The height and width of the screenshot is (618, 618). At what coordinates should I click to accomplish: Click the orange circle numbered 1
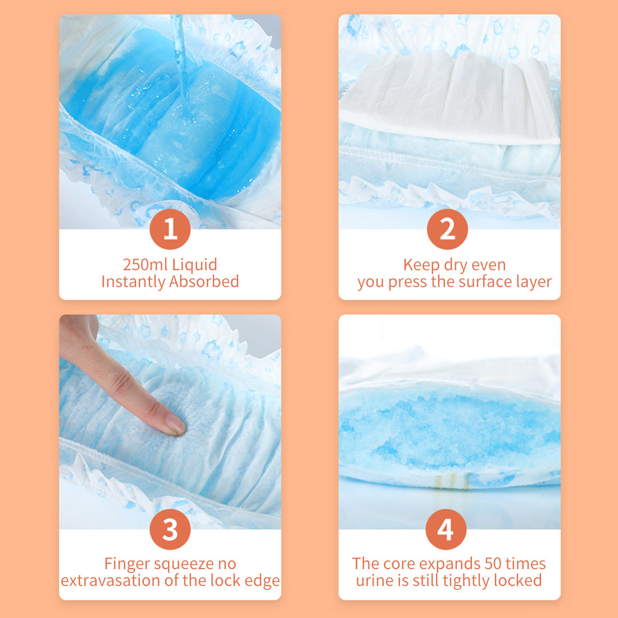pyautogui.click(x=170, y=229)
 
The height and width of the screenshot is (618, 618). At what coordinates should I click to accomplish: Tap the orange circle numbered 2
pyautogui.click(x=447, y=229)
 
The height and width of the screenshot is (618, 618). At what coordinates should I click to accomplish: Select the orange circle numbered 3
pyautogui.click(x=170, y=529)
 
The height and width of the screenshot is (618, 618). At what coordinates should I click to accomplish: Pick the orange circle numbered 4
pyautogui.click(x=446, y=529)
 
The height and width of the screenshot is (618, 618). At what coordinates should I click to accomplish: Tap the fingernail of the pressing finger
pyautogui.click(x=176, y=426)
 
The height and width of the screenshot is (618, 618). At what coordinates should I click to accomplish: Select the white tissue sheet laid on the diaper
pyautogui.click(x=449, y=96)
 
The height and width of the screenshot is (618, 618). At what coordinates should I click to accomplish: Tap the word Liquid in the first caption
pyautogui.click(x=194, y=265)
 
